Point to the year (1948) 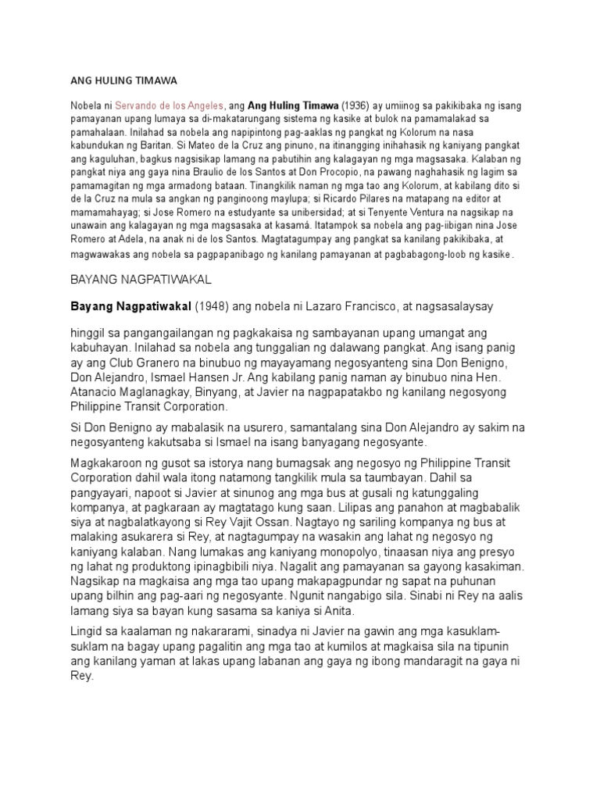206,305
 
